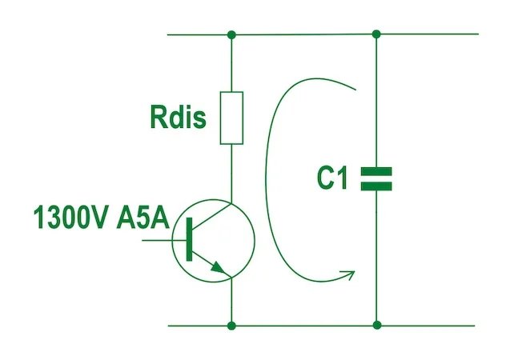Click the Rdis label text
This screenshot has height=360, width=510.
178,118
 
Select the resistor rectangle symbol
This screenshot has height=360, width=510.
231,118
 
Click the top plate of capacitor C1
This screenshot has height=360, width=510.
377,171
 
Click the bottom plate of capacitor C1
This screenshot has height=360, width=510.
377,186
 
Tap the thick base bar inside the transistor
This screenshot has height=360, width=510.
190,238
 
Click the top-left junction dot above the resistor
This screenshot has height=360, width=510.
231,34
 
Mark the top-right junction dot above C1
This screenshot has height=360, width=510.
377,34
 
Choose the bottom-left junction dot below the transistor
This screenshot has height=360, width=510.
231,326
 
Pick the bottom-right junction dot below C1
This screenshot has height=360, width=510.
377,326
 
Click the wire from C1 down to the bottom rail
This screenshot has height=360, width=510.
377,256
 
